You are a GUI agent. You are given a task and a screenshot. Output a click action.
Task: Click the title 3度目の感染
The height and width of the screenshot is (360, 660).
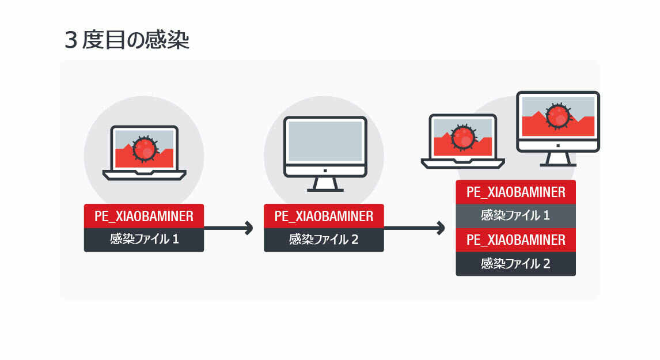tap(127, 41)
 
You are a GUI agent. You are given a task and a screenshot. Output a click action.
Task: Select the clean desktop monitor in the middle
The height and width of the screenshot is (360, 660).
tap(325, 142)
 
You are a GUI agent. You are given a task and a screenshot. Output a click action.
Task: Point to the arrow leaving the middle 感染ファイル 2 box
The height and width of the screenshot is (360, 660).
tap(415, 228)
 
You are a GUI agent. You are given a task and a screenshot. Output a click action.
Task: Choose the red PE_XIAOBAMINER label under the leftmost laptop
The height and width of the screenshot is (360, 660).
tap(144, 216)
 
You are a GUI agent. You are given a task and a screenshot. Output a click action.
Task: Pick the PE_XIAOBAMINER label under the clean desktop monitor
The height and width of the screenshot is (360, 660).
tap(324, 216)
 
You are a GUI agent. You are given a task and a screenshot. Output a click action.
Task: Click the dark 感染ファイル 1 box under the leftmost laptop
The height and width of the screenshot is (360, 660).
tap(144, 240)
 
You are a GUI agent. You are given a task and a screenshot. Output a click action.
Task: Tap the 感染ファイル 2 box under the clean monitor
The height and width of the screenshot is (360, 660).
tap(324, 240)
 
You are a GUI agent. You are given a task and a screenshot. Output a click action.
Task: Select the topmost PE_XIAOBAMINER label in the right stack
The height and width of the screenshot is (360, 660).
tap(515, 192)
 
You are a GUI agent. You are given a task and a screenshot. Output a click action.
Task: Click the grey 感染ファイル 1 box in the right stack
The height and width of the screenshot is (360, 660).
tap(515, 215)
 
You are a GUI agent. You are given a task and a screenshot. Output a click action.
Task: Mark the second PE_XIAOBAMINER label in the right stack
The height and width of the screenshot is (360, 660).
tap(515, 240)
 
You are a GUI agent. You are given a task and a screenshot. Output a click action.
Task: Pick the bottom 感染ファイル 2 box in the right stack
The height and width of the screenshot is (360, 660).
tap(515, 264)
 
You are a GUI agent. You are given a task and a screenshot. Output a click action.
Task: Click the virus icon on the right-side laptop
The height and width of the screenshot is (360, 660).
tap(463, 138)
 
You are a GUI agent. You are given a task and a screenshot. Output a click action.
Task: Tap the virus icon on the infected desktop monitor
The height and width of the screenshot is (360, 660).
tap(557, 115)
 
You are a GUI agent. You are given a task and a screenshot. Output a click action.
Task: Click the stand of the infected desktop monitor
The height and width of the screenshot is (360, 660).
tap(557, 159)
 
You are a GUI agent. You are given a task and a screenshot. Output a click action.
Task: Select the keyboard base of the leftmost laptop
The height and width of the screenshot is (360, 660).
tap(144, 175)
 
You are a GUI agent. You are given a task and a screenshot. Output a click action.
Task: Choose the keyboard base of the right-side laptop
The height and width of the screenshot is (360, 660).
tap(463, 163)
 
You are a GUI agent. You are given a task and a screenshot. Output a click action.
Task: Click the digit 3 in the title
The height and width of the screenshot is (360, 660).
tap(71, 41)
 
